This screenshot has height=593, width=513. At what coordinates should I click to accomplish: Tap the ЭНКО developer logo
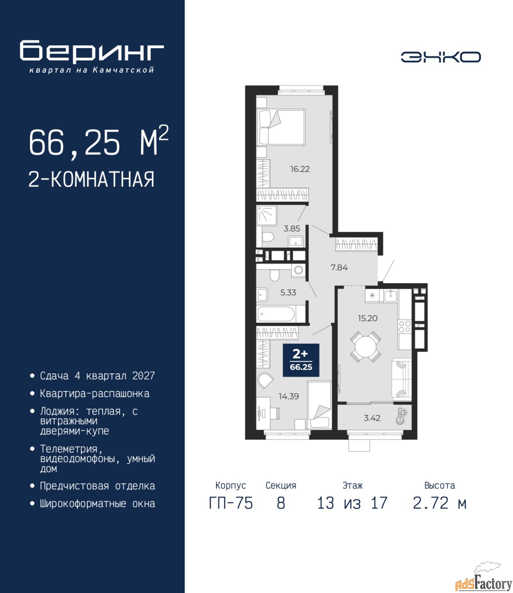[x=440, y=57]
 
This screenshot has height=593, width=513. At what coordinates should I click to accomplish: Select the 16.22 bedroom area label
[x=300, y=169]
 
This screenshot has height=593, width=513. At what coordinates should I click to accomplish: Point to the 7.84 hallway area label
[x=339, y=268]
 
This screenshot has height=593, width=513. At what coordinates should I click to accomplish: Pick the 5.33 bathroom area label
[x=288, y=293]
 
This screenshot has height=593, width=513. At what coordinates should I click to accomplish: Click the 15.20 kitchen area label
[x=367, y=318]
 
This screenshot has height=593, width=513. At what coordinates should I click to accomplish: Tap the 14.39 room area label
[x=289, y=396]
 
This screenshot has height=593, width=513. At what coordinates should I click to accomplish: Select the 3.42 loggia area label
[x=372, y=418]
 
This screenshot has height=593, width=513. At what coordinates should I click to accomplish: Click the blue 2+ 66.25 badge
[x=301, y=360]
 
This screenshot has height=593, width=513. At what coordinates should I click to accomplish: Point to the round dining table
[x=365, y=347]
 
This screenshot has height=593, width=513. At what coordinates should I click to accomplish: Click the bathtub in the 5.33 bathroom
[x=276, y=314]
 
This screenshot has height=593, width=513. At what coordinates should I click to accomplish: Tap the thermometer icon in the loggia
[x=402, y=416]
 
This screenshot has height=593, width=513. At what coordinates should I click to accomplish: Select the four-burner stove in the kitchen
[x=405, y=327]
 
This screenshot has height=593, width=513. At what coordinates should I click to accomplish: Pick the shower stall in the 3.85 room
[x=266, y=215]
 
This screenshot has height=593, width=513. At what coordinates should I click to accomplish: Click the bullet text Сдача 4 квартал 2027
[x=98, y=376]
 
